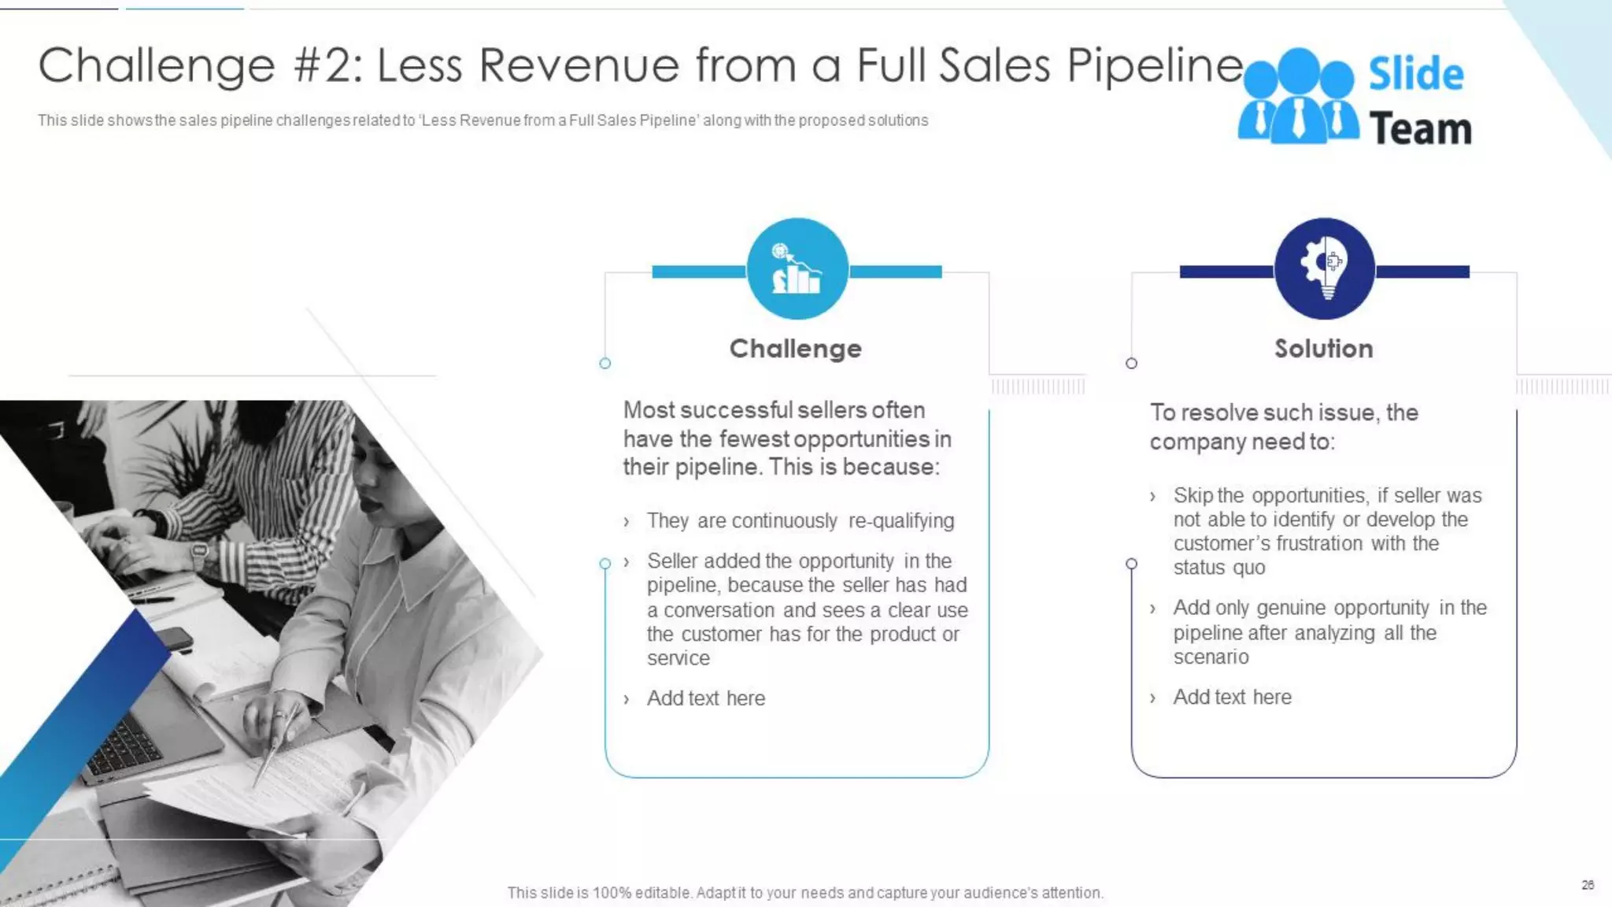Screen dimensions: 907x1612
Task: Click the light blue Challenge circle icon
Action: click(797, 268)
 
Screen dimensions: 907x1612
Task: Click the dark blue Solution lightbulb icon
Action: click(1324, 268)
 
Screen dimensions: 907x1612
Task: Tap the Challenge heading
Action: click(795, 349)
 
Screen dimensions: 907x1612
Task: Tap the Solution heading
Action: click(1323, 349)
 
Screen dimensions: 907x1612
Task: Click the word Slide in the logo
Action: click(1415, 74)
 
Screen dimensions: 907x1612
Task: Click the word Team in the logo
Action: click(1420, 129)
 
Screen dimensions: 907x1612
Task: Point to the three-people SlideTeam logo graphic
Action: click(1298, 97)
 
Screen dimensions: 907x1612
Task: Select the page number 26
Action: click(1588, 885)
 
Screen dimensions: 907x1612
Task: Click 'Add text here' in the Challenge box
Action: click(705, 698)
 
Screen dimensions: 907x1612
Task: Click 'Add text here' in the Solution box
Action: click(1232, 698)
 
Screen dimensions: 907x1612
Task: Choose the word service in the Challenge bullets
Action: click(678, 658)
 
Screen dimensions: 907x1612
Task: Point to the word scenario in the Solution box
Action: click(1211, 657)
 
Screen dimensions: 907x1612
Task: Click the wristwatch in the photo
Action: click(200, 552)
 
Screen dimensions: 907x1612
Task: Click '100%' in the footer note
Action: click(612, 893)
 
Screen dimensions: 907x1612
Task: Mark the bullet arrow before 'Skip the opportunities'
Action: click(1152, 497)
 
